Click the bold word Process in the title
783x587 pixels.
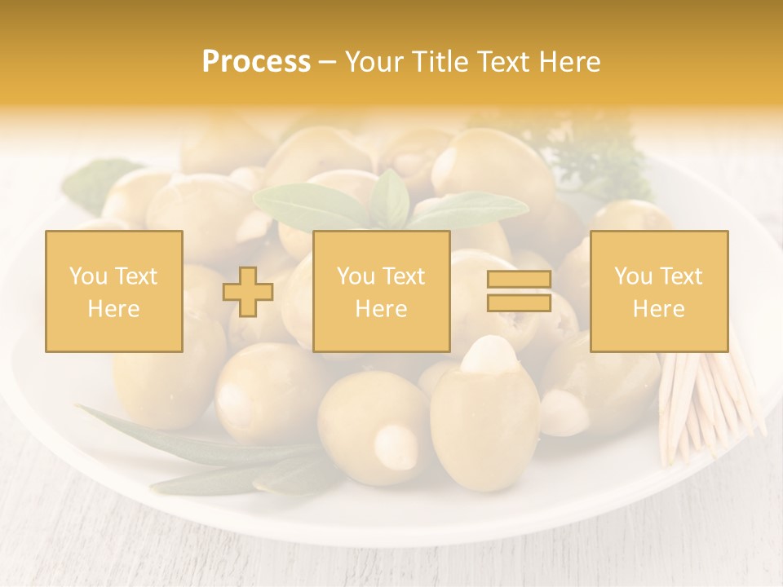pyautogui.click(x=256, y=62)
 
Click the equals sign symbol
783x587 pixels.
pyautogui.click(x=519, y=291)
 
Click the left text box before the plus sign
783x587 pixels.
pyautogui.click(x=114, y=291)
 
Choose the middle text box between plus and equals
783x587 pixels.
pyautogui.click(x=382, y=291)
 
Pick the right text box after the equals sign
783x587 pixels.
pyautogui.click(x=659, y=291)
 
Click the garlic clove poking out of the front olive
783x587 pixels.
pyautogui.click(x=486, y=359)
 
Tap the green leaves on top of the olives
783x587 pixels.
pyautogui.click(x=390, y=204)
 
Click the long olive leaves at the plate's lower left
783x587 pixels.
pyautogui.click(x=204, y=457)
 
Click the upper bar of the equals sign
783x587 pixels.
pyautogui.click(x=519, y=280)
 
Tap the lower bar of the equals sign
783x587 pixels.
pyautogui.click(x=519, y=302)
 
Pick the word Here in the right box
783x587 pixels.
pyautogui.click(x=659, y=309)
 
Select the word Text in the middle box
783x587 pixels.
pyautogui.click(x=404, y=276)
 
